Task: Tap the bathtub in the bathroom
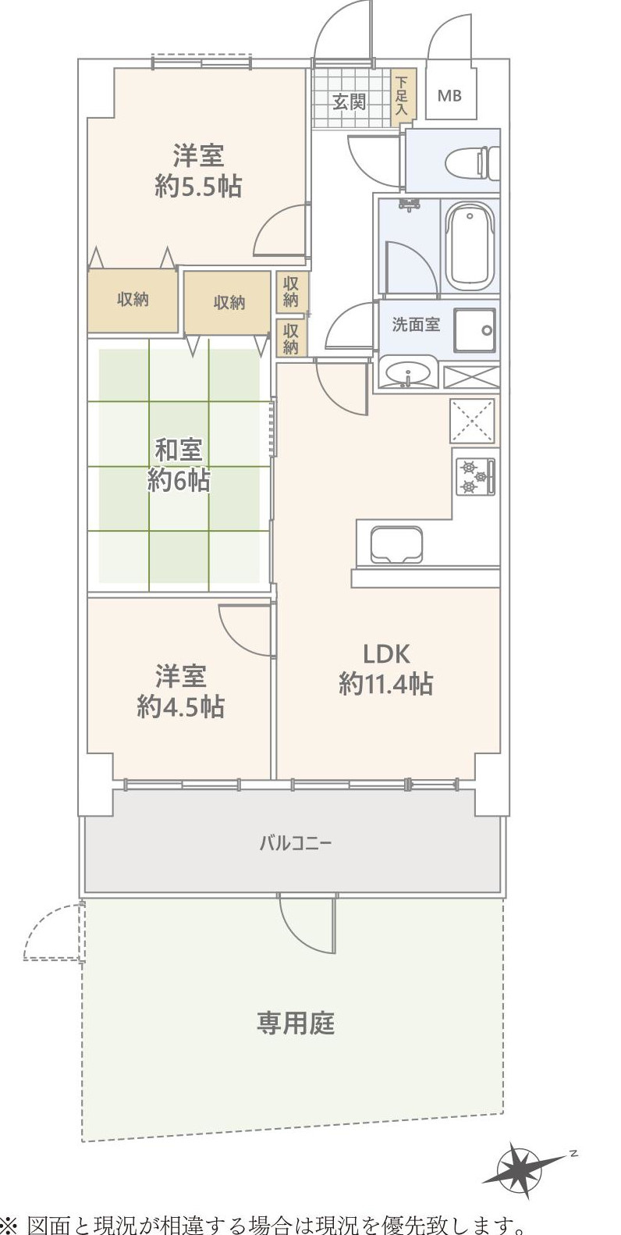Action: [x=470, y=246]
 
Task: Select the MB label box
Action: [x=449, y=95]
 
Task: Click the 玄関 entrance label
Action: [x=349, y=101]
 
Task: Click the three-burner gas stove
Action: [x=475, y=476]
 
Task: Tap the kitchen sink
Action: [x=396, y=544]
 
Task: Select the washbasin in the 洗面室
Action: [x=407, y=373]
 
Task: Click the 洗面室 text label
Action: [x=415, y=325]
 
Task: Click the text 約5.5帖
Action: [x=198, y=187]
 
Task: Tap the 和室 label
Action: [x=179, y=450]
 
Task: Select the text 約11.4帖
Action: [x=385, y=684]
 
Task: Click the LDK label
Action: [x=385, y=653]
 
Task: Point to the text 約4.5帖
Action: [x=181, y=706]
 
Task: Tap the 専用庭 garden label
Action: [x=295, y=1023]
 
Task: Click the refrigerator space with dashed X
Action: [x=472, y=422]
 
